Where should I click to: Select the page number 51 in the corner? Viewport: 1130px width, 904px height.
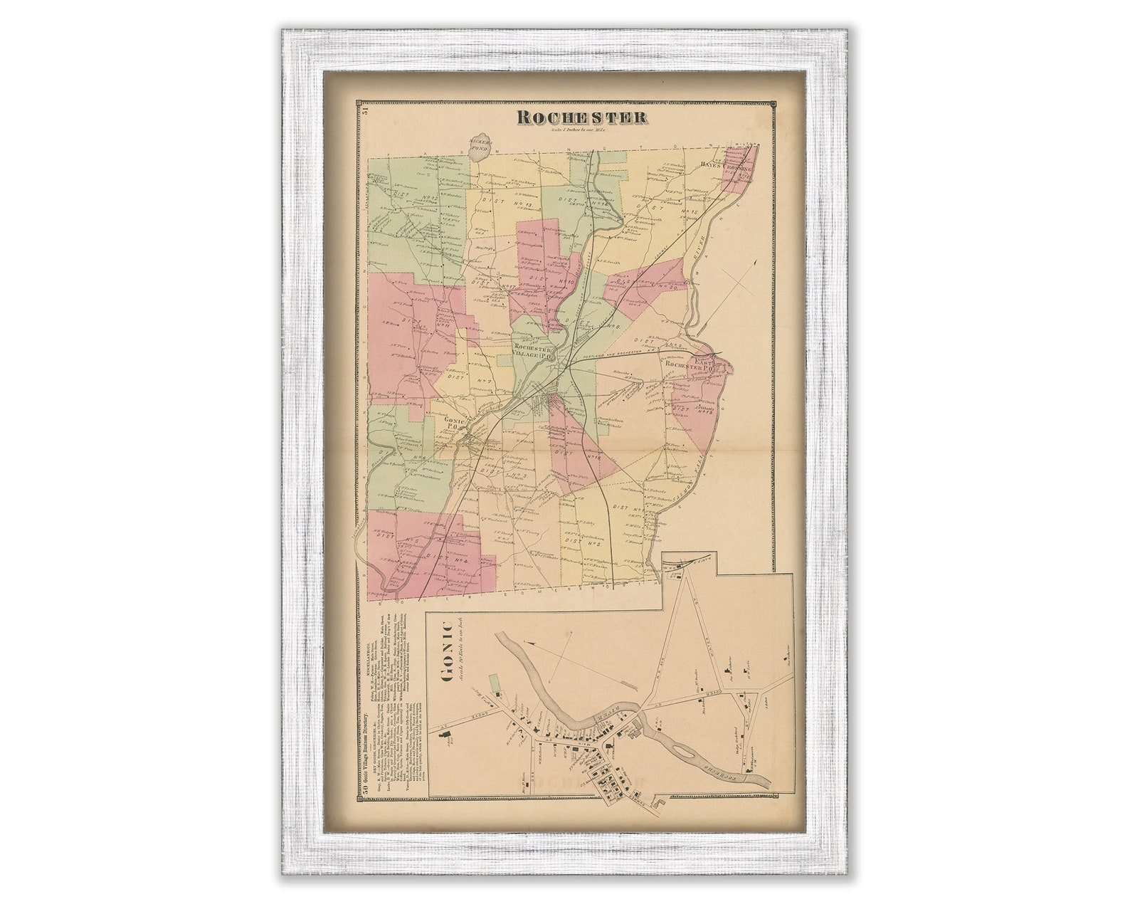[x=364, y=109]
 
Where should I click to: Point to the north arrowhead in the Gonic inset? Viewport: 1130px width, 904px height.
[x=530, y=643]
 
